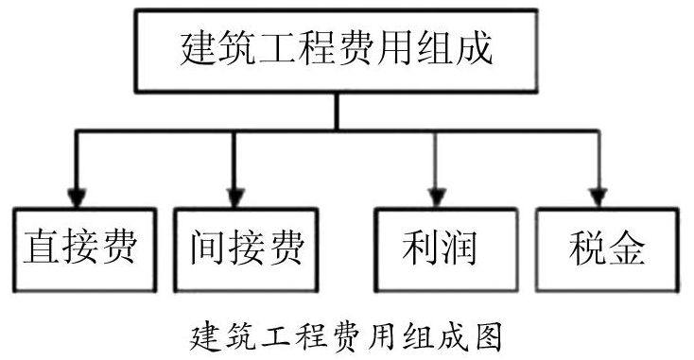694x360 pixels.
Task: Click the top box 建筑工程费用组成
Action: click(x=337, y=51)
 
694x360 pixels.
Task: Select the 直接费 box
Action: click(x=84, y=249)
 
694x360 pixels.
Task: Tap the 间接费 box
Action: click(x=246, y=249)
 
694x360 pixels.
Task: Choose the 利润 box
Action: click(x=445, y=249)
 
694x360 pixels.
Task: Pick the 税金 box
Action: click(x=607, y=249)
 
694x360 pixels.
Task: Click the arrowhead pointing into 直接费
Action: click(x=77, y=197)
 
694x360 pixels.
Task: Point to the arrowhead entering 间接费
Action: click(x=235, y=197)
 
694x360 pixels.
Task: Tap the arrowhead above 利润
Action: click(x=437, y=197)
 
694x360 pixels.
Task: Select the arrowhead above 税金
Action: click(x=598, y=197)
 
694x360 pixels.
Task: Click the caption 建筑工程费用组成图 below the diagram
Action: click(x=347, y=337)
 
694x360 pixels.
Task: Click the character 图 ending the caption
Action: click(x=488, y=337)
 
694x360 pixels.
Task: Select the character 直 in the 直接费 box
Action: click(x=42, y=247)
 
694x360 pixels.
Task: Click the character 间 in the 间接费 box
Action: click(x=208, y=247)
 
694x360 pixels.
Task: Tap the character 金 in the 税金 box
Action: click(x=627, y=247)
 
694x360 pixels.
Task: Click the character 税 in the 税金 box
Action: click(x=587, y=247)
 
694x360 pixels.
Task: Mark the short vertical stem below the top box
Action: click(x=337, y=111)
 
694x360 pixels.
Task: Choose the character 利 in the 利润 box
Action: click(x=420, y=247)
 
